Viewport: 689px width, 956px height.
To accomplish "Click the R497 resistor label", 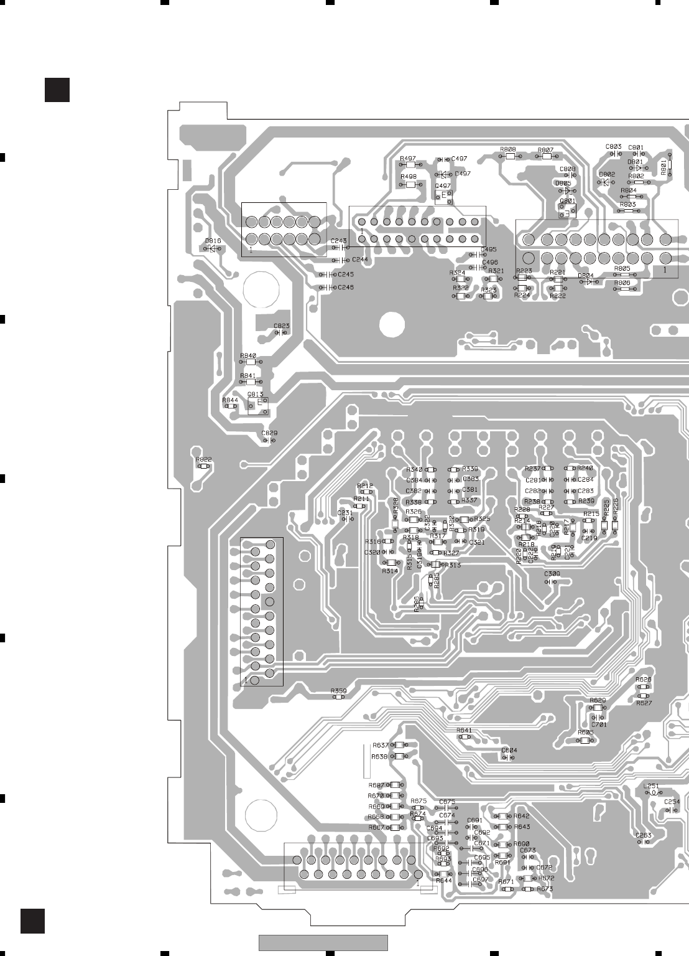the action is tap(408, 159).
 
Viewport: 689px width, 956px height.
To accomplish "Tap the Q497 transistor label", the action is tap(443, 185).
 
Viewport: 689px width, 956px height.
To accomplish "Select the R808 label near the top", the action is tap(507, 149).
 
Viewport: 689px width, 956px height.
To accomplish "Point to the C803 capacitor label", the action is tap(613, 147).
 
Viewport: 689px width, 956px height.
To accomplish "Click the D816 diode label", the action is tap(213, 241).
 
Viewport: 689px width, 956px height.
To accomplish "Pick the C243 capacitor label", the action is tap(338, 241).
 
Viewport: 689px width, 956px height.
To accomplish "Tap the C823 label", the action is tap(282, 326).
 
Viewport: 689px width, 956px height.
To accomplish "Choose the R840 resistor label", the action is tap(248, 355).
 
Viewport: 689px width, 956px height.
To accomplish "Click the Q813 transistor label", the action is tap(255, 395).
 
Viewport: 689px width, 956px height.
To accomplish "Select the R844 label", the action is tap(230, 400).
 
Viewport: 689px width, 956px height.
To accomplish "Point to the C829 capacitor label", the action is tap(269, 433).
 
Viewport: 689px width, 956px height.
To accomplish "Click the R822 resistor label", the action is tap(203, 459).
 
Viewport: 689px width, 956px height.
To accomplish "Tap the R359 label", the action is tap(338, 691).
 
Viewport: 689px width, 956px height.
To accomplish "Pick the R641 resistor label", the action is tap(464, 730).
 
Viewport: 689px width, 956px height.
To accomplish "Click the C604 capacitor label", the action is tap(509, 751).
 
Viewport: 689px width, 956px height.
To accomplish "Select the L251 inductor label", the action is tap(651, 786).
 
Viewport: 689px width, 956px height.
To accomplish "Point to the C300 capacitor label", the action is tap(552, 574).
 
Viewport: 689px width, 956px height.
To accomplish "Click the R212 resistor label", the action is tap(364, 486).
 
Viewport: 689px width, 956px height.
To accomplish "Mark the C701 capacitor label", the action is tap(599, 725).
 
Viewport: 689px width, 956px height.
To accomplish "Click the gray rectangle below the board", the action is tap(323, 942).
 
